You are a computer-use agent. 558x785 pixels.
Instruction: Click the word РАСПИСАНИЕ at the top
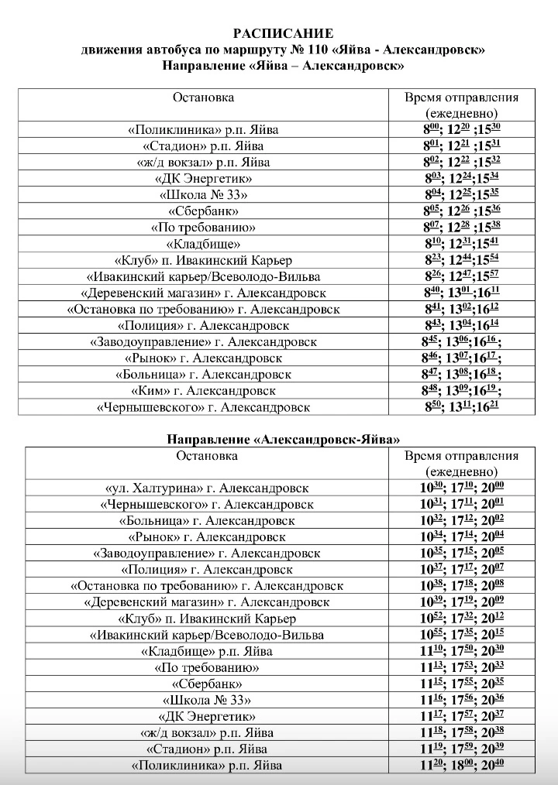tap(284, 33)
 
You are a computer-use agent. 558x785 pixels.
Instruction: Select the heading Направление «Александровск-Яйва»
tap(284, 439)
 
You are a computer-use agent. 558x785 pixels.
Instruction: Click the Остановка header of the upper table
tap(203, 98)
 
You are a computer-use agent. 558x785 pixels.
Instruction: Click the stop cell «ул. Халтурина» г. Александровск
tap(207, 488)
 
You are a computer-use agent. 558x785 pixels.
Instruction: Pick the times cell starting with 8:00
tap(462, 129)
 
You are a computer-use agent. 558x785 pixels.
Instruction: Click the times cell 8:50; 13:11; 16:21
tap(462, 406)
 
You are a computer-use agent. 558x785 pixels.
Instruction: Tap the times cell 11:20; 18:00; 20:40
tap(462, 765)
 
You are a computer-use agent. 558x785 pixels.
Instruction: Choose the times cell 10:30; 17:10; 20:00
tap(462, 488)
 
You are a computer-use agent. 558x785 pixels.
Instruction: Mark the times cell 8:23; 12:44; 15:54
tap(462, 259)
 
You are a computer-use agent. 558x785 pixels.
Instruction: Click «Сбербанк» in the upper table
tap(203, 211)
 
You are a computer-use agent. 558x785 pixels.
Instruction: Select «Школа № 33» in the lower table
tap(207, 700)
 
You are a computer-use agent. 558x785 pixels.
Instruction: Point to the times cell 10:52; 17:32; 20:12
tap(462, 618)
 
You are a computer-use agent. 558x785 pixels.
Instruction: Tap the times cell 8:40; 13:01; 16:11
tap(462, 293)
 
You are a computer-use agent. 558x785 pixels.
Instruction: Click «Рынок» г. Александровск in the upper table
tap(203, 358)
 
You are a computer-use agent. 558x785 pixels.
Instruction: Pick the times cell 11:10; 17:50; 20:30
tap(462, 650)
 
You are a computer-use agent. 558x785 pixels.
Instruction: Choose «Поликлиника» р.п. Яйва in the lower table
tap(207, 765)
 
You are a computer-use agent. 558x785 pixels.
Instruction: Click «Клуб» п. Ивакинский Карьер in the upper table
tap(203, 259)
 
